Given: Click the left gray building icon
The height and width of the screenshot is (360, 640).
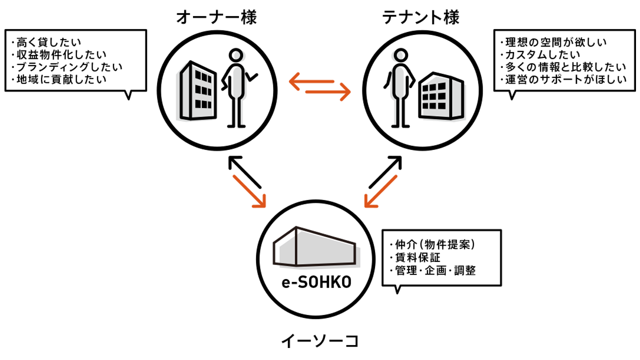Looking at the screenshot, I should point(192,92).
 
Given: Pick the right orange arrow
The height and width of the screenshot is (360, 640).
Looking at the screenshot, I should point(390,197).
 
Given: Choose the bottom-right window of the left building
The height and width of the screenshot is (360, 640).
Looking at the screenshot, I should point(208,104).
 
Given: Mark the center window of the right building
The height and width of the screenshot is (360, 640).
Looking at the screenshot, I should point(433,93).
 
